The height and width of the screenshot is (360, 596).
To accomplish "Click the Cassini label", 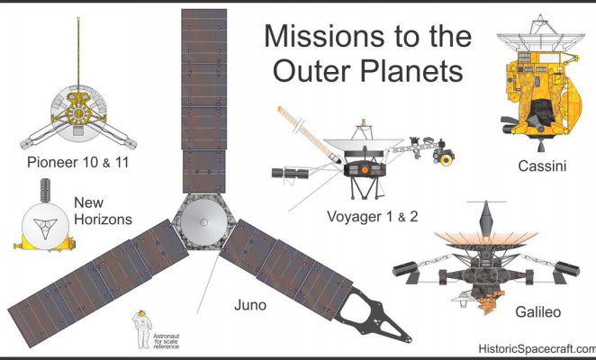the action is click(x=542, y=166).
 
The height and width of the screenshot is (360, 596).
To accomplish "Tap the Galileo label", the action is click(x=537, y=312).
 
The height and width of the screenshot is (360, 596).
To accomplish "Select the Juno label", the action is click(x=250, y=305).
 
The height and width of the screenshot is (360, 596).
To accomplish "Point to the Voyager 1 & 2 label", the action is click(x=373, y=217).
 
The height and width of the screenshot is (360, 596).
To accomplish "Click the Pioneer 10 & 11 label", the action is click(x=78, y=162).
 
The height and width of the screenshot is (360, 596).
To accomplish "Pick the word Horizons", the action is click(x=103, y=220).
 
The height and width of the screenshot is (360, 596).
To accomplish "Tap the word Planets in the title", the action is click(x=411, y=71).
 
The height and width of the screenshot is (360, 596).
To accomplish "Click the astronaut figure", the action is click(x=142, y=329).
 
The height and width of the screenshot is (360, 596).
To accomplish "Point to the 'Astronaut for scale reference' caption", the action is click(x=166, y=341).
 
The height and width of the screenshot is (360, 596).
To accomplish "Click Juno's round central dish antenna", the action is click(x=203, y=222).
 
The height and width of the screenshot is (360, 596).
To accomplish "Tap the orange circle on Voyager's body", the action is click(x=365, y=169).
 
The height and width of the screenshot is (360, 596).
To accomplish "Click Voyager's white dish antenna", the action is click(x=364, y=145).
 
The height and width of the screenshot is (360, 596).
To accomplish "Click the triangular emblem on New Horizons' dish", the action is click(x=45, y=227).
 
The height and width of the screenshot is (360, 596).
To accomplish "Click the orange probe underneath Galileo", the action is click(x=492, y=302).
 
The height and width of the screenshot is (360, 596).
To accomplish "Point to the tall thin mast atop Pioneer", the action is click(x=78, y=53).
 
